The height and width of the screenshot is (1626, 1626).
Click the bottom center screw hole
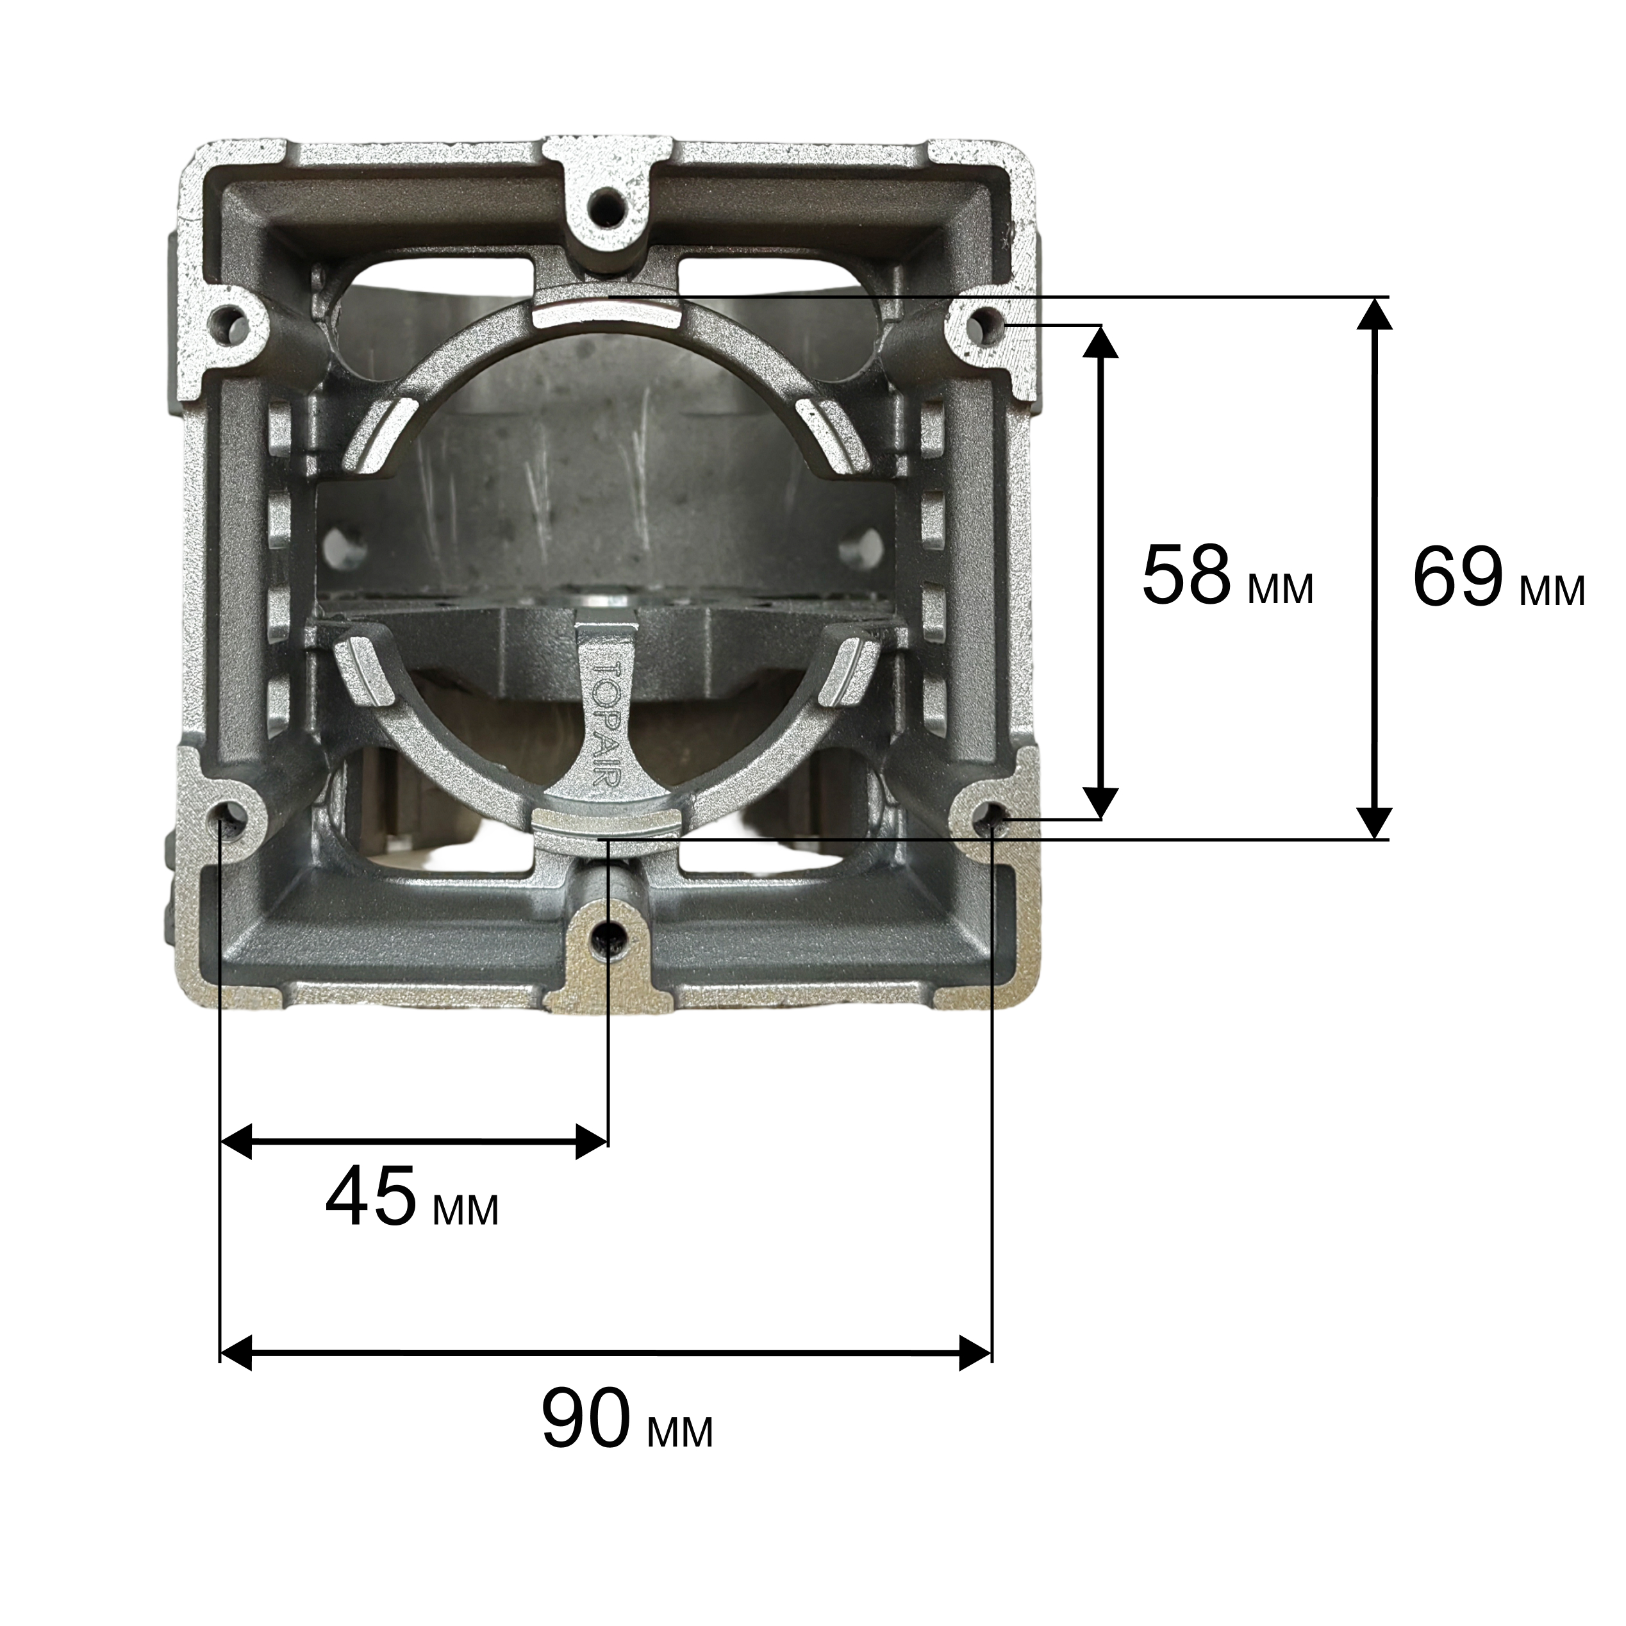coord(608,936)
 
